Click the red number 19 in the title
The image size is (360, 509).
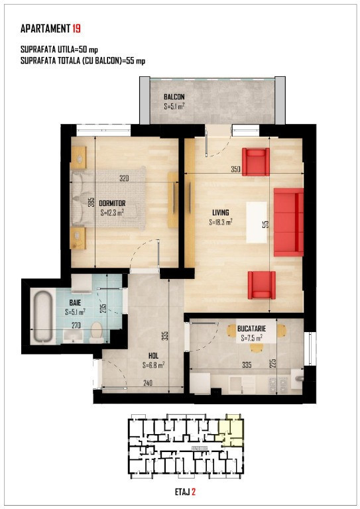77,28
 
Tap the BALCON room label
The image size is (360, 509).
174,97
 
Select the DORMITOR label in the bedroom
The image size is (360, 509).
112,203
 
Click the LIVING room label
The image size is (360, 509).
220,213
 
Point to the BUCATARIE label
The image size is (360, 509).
251,329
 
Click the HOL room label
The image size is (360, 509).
154,356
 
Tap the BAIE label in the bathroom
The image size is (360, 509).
75,303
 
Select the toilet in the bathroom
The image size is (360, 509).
96,332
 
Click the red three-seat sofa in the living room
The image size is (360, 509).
288,223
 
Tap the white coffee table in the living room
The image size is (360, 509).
257,223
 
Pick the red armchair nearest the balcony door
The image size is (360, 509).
256,162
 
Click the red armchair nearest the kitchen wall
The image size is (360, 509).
262,285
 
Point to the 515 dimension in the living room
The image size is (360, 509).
266,225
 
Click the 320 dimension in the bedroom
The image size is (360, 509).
124,178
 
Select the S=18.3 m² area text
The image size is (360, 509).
221,223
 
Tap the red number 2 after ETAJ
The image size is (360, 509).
194,492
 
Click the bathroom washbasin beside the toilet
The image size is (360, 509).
72,336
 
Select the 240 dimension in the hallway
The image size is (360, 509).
148,383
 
